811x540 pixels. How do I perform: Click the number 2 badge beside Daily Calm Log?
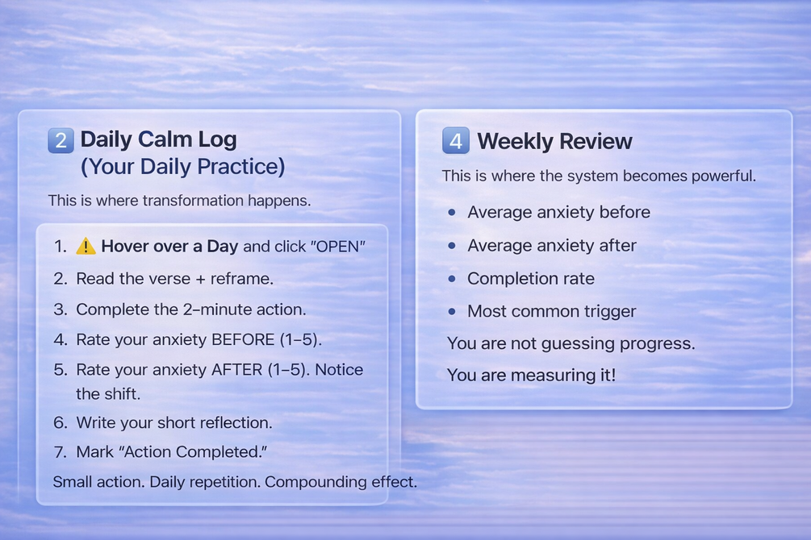[x=61, y=140]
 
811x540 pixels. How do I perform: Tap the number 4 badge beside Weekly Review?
[x=456, y=140]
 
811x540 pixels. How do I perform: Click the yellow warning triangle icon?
[x=86, y=247]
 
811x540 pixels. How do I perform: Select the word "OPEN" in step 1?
[x=338, y=247]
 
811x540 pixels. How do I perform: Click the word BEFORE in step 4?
[x=243, y=339]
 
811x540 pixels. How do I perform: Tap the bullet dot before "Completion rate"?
[x=452, y=279]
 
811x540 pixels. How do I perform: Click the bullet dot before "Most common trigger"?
[x=452, y=312]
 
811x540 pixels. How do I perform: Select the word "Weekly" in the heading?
[x=510, y=142]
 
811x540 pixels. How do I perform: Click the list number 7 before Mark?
[x=60, y=452]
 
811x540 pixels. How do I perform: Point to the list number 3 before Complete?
[x=60, y=309]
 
